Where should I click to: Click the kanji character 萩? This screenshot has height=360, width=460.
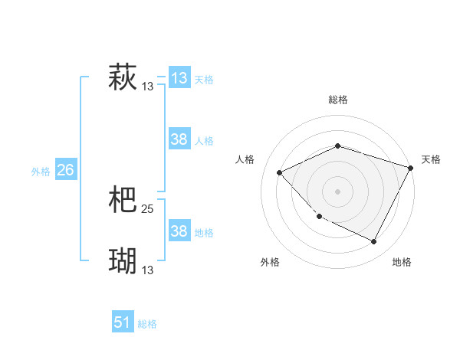(123, 78)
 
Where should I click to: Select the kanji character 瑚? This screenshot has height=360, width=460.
(123, 261)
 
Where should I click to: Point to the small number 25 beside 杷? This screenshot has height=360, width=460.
(148, 209)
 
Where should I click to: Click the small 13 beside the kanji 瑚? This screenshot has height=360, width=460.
(148, 270)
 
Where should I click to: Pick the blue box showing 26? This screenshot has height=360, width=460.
(65, 170)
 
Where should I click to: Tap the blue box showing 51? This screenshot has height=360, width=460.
(123, 322)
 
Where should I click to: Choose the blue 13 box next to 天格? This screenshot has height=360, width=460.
(179, 78)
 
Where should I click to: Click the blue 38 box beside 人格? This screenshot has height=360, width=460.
(179, 139)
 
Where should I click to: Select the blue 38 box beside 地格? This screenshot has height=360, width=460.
(179, 231)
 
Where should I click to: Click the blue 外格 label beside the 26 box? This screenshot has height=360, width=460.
(41, 172)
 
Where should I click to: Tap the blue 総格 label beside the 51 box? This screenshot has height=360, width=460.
(147, 324)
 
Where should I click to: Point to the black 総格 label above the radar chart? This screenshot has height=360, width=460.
(337, 100)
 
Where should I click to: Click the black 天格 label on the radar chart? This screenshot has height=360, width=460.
(431, 159)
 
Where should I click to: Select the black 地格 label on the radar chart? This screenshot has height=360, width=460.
(402, 262)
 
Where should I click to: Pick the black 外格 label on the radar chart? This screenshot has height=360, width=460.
(270, 262)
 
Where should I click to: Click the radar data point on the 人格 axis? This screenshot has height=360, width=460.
(280, 172)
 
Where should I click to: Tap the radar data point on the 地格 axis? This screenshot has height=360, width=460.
(374, 242)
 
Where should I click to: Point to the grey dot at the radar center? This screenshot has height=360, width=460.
(337, 191)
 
